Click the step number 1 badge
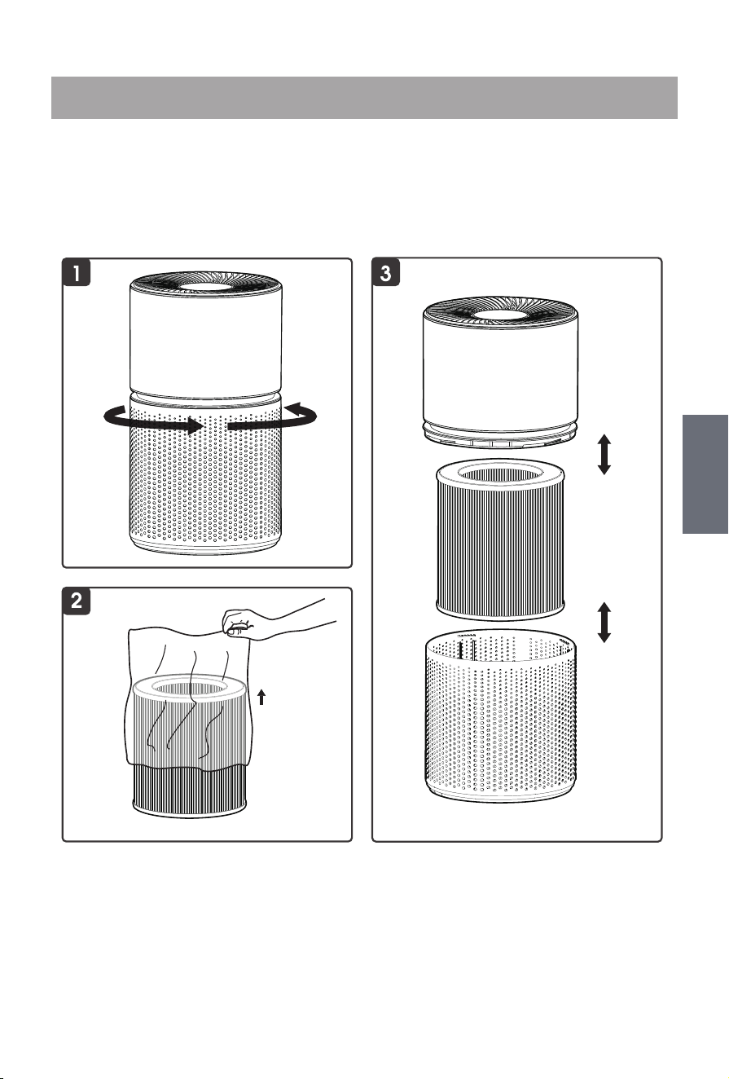coord(76,272)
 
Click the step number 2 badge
coord(76,601)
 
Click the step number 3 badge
coord(386,272)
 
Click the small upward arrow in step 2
coord(261,697)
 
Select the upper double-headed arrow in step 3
coord(604,454)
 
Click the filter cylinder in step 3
coord(500,539)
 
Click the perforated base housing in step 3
coord(501,718)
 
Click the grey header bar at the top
coord(364,97)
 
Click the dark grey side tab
coord(705,474)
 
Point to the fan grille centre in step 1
coord(206,286)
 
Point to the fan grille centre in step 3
coord(501,314)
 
